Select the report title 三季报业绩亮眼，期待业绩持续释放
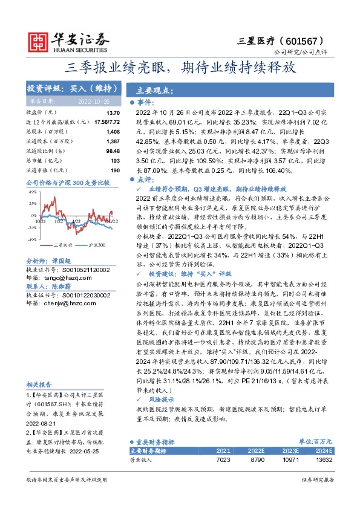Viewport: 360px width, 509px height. (x=180, y=67)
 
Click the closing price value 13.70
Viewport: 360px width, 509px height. (x=113, y=113)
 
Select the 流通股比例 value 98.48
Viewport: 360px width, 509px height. (x=113, y=150)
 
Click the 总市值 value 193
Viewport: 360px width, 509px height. (x=116, y=159)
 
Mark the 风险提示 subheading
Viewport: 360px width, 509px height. (x=157, y=400)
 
